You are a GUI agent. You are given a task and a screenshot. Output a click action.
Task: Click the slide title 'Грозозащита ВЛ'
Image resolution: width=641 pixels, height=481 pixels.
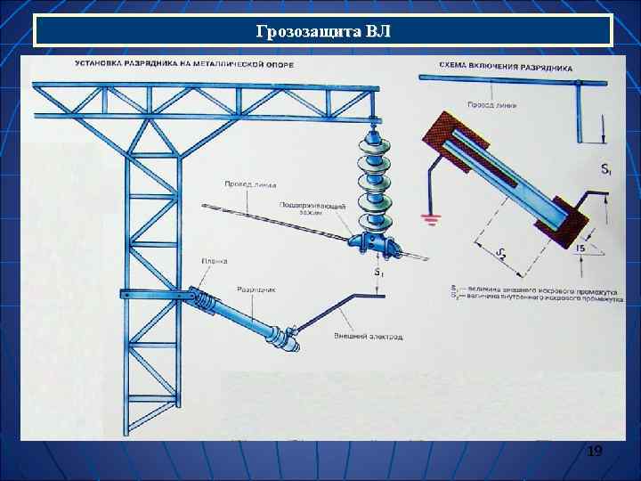tap(322, 32)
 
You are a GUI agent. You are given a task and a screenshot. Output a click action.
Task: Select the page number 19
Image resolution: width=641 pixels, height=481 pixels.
tap(595, 452)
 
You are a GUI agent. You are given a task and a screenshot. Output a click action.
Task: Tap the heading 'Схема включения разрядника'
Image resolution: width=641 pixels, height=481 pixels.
tap(506, 67)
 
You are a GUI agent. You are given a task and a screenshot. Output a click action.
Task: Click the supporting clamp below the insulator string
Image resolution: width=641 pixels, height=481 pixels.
tap(374, 242)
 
